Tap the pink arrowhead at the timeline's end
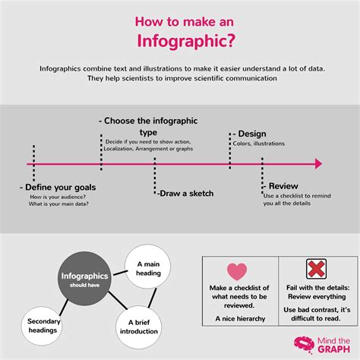(x=318, y=163)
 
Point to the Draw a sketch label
(x=185, y=193)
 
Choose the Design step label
(x=250, y=134)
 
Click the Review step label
(x=283, y=185)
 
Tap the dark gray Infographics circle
(x=84, y=278)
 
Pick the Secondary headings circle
(x=43, y=324)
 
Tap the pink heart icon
(x=238, y=272)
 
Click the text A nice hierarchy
(x=238, y=319)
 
